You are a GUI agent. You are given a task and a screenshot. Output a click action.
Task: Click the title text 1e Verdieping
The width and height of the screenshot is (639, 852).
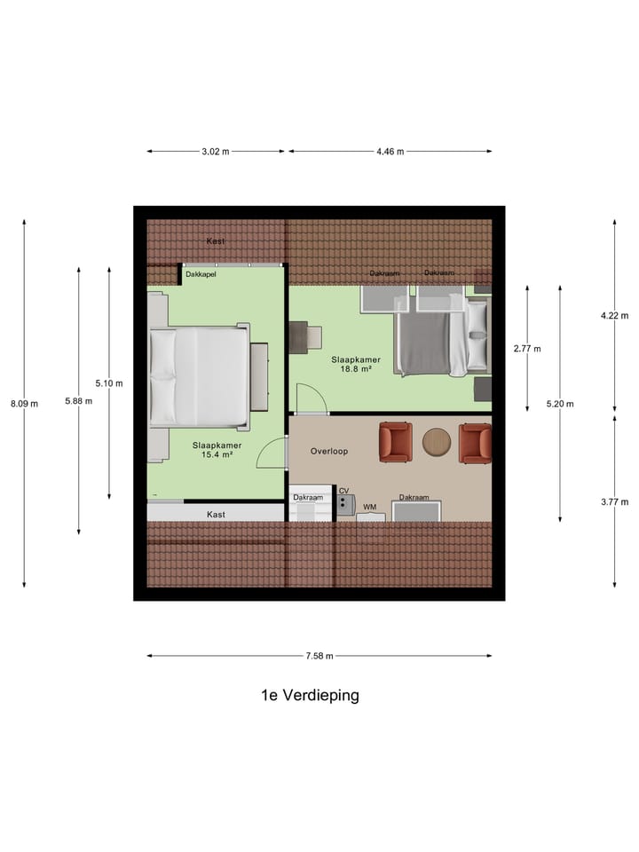point(310,695)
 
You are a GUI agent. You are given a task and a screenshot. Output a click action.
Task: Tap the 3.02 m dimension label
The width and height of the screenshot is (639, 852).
point(216,152)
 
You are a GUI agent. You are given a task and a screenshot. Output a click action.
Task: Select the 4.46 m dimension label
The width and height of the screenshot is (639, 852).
point(390,152)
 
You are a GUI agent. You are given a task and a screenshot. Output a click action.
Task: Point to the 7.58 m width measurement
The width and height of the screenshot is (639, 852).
point(319,656)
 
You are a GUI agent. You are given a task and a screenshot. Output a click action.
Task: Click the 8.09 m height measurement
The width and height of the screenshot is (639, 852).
point(23,404)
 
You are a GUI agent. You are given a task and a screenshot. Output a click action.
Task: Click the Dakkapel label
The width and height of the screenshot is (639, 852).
point(201,274)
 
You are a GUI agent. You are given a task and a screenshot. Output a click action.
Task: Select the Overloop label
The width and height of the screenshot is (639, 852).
point(328,451)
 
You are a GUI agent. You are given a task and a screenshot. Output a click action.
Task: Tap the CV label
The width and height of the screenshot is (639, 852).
point(344,490)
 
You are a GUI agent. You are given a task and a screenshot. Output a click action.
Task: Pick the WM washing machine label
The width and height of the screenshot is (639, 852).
point(370,507)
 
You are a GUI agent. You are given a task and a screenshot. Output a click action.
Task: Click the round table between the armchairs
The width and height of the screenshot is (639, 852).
point(437,442)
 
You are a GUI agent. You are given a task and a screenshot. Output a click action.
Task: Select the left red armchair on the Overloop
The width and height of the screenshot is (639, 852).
point(396,442)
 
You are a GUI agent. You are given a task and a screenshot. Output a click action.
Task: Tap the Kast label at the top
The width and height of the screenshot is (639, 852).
point(215,241)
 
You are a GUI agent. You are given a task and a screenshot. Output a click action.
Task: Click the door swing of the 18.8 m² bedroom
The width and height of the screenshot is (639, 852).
point(307,398)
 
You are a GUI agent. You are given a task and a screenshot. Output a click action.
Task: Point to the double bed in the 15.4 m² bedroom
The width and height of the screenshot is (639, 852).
point(199,376)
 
